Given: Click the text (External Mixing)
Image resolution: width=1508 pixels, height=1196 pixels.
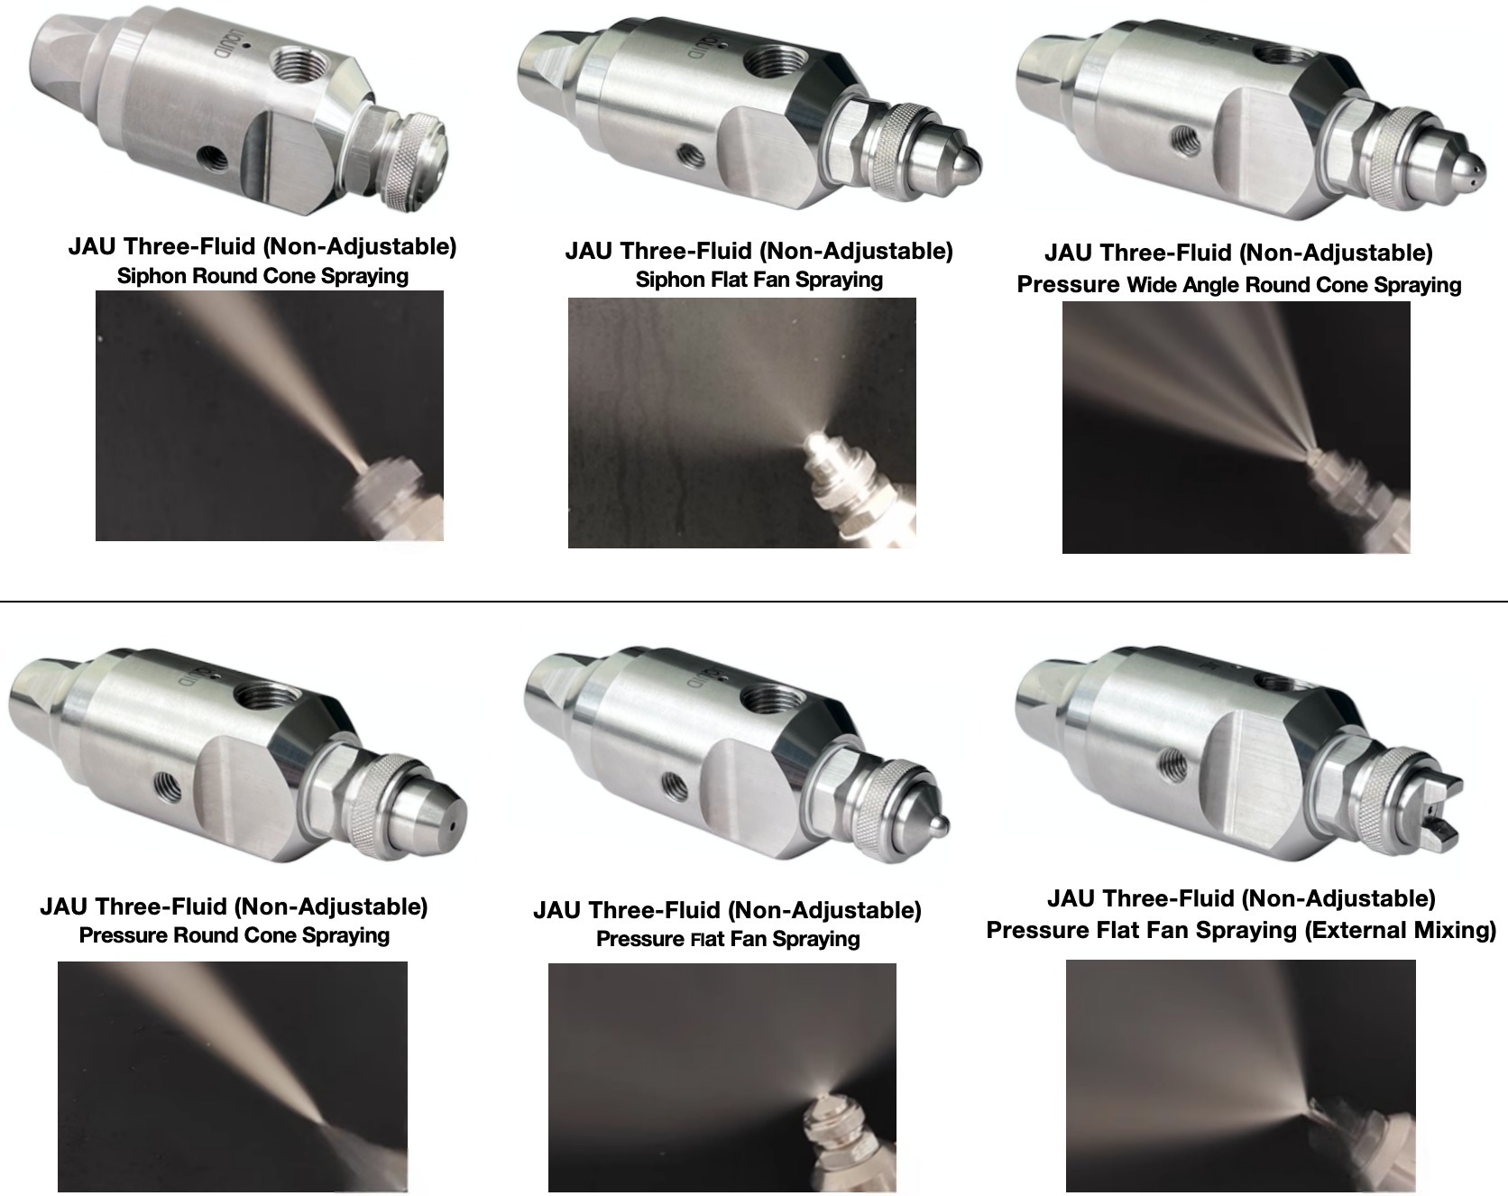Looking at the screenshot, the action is pyautogui.click(x=1401, y=930).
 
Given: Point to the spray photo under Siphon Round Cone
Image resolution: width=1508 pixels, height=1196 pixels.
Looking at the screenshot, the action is pyautogui.click(x=270, y=416).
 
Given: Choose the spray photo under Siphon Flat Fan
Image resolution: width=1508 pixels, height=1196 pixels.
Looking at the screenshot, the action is pyautogui.click(x=741, y=422).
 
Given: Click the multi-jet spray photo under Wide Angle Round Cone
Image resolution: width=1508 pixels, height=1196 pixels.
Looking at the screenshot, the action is pyautogui.click(x=1236, y=427).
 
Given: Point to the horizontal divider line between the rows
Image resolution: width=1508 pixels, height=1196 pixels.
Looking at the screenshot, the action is pyautogui.click(x=754, y=601).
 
